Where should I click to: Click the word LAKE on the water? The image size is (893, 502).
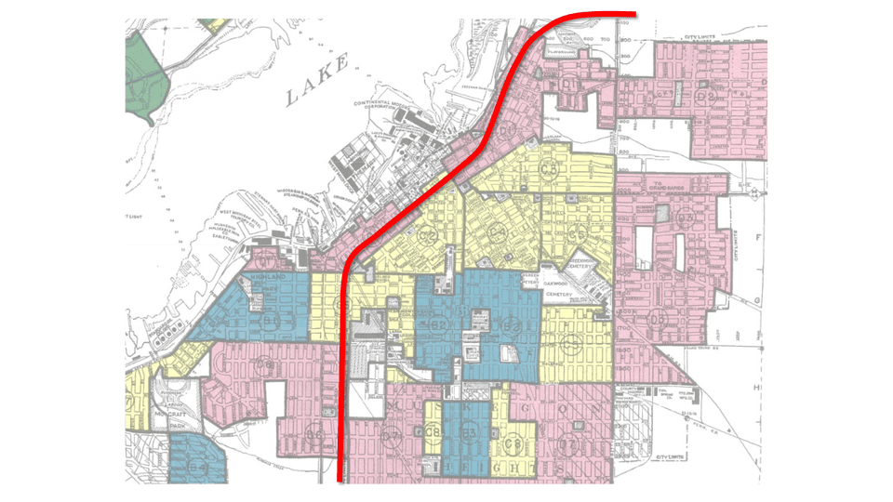click(x=317, y=80)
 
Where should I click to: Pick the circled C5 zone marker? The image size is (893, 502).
click(x=580, y=232)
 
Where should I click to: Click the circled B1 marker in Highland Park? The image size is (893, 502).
click(x=271, y=321)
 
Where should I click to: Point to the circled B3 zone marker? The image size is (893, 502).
click(x=469, y=434)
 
